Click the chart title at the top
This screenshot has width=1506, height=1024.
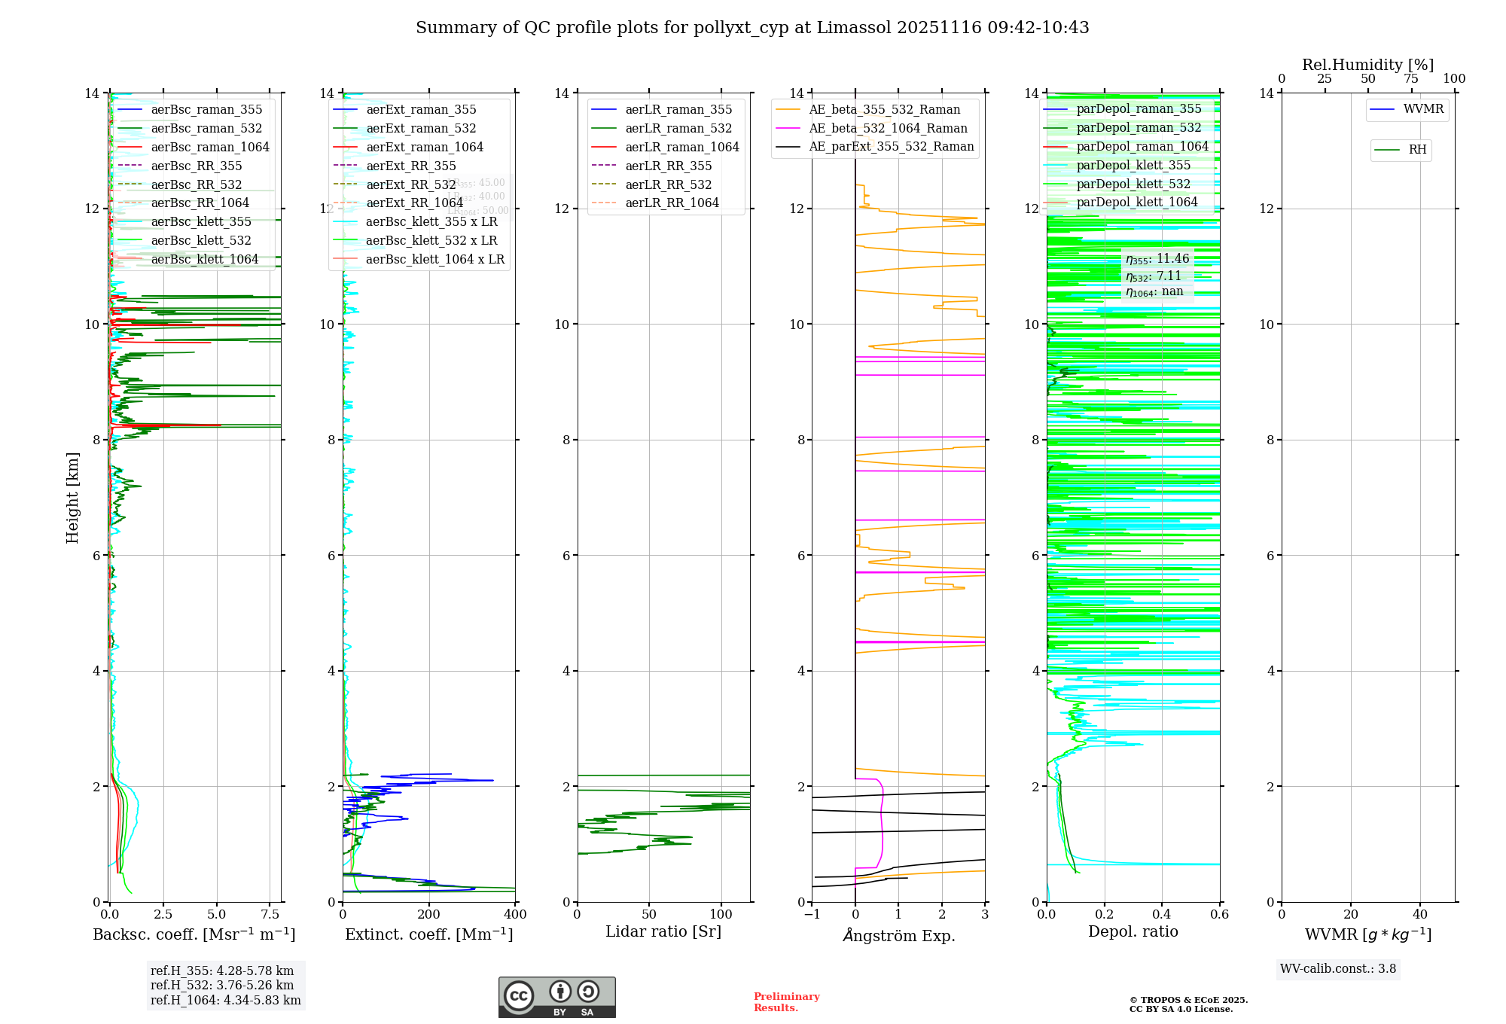point(752,28)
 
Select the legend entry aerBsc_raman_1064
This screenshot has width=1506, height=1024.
point(209,147)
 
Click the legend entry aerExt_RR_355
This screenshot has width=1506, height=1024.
point(410,166)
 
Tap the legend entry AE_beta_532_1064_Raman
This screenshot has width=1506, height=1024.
point(888,128)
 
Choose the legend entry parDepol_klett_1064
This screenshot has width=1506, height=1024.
point(1136,202)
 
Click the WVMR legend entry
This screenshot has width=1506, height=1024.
point(1422,109)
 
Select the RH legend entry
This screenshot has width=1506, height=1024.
point(1416,150)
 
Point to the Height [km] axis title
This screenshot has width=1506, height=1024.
point(72,497)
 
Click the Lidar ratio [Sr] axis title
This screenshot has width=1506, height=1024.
point(663,931)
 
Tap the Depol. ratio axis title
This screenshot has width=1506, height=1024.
point(1133,931)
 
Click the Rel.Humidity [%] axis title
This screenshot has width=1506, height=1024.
point(1367,65)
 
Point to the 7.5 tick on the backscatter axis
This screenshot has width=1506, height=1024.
point(270,914)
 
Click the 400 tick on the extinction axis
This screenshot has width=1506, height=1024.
point(515,914)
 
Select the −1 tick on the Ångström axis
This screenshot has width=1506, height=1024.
point(812,914)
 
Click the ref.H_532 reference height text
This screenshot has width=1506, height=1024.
point(221,985)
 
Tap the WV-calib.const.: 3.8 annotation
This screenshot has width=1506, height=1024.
point(1337,968)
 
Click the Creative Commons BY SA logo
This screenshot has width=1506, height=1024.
point(556,997)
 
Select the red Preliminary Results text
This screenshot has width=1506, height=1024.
point(786,1001)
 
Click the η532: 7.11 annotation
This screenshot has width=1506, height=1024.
point(1154,276)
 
